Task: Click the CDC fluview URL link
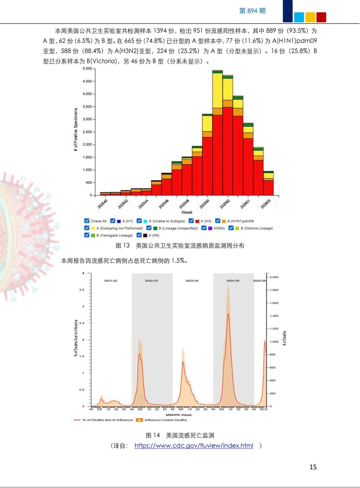[x=193, y=446]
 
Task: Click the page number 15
[x=313, y=467]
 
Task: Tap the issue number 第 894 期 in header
[x=252, y=11]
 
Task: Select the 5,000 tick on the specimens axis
[x=87, y=69]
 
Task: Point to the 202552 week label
[x=225, y=204]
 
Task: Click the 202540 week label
[x=102, y=204]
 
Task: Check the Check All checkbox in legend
[x=87, y=221]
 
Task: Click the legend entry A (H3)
[x=205, y=221]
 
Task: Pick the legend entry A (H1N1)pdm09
[x=240, y=221]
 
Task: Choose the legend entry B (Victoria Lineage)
[x=256, y=228]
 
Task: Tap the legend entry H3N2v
[x=219, y=228]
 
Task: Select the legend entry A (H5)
[x=154, y=235]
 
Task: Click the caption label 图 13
[x=123, y=245]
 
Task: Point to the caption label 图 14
[x=153, y=435]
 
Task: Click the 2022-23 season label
[x=151, y=280]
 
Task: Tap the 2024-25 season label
[x=233, y=280]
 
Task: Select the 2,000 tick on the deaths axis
[x=274, y=277]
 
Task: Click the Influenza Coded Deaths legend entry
[x=165, y=420]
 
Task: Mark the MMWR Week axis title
[x=178, y=415]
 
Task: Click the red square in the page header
[x=321, y=17]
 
